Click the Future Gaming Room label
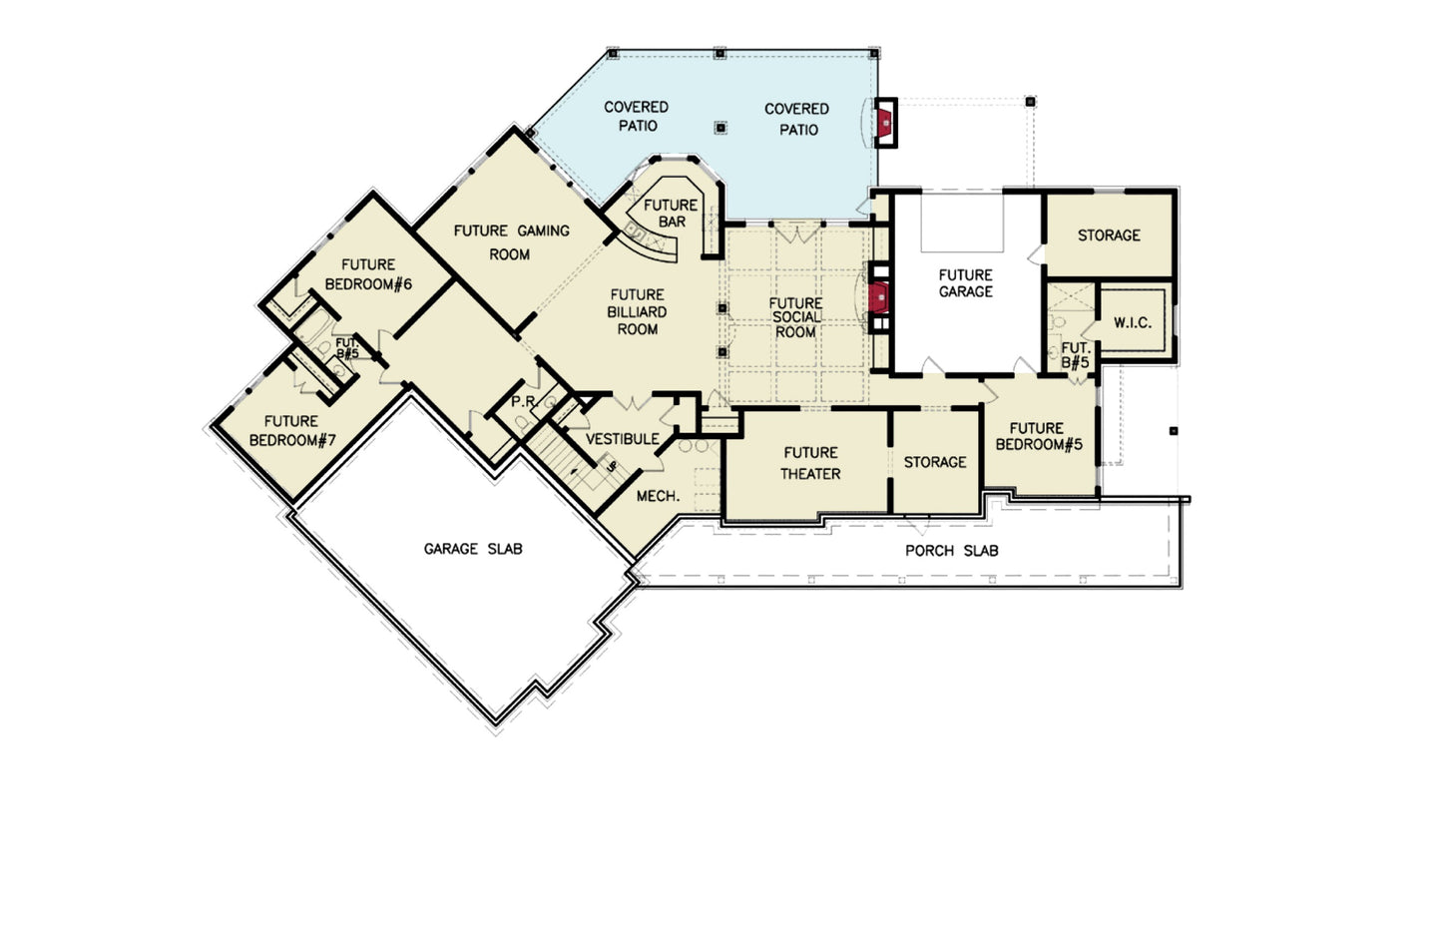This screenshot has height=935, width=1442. (511, 242)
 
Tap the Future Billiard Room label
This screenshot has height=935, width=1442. (637, 311)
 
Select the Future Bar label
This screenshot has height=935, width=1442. (671, 213)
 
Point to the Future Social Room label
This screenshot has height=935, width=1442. (795, 317)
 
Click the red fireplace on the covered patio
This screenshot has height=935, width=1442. (884, 123)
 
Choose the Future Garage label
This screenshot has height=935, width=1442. (965, 282)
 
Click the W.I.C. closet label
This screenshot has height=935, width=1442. (1132, 322)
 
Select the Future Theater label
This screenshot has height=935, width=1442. (810, 463)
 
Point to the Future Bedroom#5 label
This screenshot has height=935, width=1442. (1038, 436)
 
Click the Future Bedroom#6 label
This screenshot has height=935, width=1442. (368, 274)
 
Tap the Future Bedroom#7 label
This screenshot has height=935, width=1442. (291, 430)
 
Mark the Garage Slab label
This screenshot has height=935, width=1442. (472, 549)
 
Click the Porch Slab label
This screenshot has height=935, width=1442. (951, 550)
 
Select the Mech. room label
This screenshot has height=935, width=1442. (658, 496)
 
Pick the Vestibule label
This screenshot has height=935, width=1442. (622, 439)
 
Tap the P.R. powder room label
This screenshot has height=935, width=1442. (524, 401)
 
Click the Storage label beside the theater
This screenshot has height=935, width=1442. (935, 462)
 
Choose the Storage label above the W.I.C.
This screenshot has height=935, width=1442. (1108, 235)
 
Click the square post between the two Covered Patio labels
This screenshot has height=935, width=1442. (721, 127)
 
